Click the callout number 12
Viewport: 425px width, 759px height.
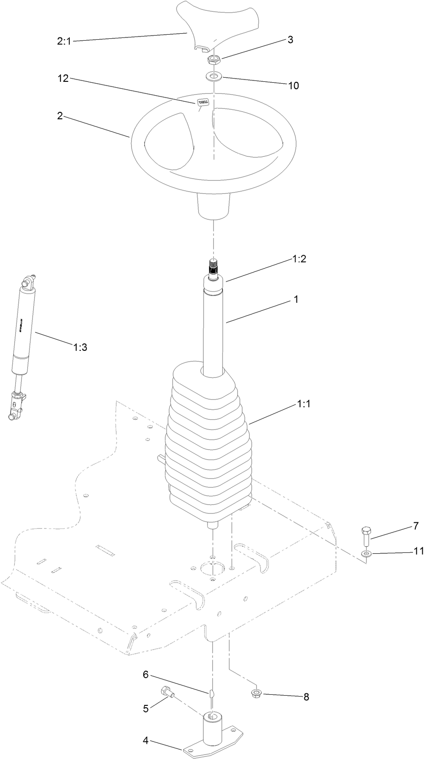click(63, 79)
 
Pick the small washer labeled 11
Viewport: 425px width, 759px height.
click(366, 553)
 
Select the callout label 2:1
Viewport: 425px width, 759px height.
click(64, 41)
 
